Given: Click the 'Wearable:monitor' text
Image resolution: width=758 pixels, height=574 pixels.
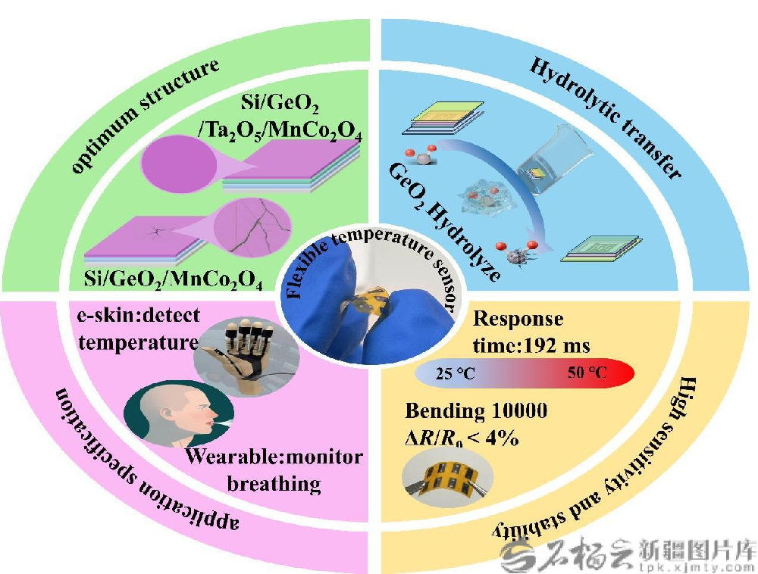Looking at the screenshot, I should point(274,458).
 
